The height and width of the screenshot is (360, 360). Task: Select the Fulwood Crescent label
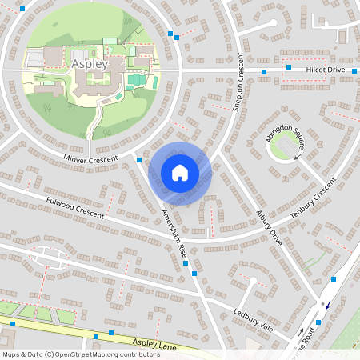(75, 208)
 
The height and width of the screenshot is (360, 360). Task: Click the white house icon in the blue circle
(180, 172)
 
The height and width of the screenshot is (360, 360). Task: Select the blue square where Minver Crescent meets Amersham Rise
(139, 160)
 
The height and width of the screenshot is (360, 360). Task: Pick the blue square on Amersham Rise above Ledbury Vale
(194, 274)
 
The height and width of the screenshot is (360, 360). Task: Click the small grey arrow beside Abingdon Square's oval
(297, 158)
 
